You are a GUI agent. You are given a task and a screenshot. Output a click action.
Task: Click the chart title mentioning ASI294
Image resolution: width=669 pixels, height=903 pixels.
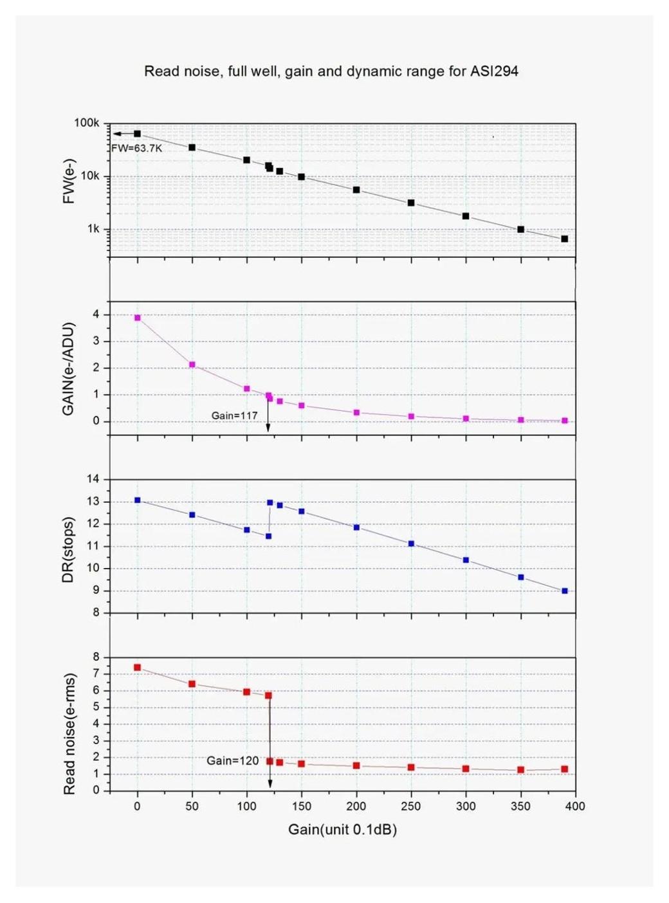click(331, 71)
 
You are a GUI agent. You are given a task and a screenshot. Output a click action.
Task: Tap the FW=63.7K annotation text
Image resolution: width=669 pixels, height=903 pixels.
click(137, 149)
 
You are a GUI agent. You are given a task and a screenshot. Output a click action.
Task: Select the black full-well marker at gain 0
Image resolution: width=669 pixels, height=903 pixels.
click(137, 134)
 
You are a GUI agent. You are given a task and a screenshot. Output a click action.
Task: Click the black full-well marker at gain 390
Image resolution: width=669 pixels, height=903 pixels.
click(564, 239)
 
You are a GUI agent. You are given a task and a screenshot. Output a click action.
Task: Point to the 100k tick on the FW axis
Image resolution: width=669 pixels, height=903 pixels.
click(87, 123)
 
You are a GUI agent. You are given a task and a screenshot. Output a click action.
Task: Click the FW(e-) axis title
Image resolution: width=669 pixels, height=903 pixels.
click(69, 181)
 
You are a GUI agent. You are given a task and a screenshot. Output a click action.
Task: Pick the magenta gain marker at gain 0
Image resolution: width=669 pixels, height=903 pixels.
click(137, 318)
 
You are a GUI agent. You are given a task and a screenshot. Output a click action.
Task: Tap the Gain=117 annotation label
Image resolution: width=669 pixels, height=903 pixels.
click(234, 415)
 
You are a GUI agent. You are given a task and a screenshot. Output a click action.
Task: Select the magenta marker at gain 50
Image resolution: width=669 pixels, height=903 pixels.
click(192, 365)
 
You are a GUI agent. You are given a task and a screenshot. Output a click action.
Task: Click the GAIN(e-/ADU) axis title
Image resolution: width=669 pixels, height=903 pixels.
click(69, 369)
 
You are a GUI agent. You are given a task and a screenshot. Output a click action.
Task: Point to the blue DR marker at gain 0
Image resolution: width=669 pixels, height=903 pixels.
click(137, 500)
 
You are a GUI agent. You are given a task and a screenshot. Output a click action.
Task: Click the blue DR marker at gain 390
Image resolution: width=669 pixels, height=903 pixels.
click(564, 590)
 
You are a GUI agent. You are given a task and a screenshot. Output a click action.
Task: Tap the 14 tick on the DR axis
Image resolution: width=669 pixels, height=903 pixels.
click(93, 479)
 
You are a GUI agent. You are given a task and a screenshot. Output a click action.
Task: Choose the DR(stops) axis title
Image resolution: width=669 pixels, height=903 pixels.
click(69, 549)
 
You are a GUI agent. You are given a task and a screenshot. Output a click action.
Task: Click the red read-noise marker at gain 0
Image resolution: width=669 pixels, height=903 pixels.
click(137, 668)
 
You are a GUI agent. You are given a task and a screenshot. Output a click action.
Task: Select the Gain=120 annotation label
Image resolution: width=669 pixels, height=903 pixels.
click(232, 761)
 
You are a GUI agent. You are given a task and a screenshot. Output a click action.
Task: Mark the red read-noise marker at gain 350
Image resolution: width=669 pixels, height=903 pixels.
click(520, 770)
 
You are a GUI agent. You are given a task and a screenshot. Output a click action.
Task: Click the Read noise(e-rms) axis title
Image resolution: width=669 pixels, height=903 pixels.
click(69, 734)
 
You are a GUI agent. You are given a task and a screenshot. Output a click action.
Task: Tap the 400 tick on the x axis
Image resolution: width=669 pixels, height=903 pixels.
click(575, 807)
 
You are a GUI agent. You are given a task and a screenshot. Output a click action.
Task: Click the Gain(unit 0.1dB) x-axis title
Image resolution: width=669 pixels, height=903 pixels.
click(342, 830)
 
